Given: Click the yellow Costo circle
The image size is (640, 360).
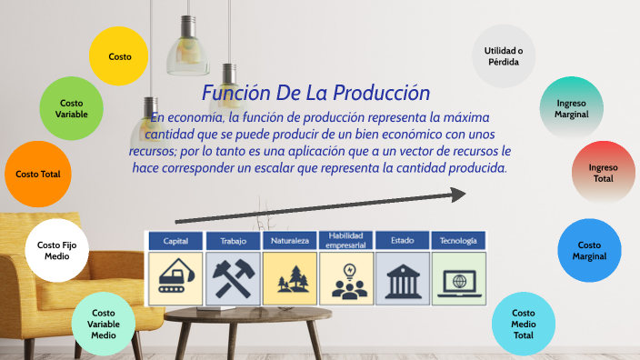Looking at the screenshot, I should (x=119, y=56).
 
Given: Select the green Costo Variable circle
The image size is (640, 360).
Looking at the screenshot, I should (x=71, y=108).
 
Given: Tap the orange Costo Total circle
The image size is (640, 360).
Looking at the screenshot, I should (x=37, y=174).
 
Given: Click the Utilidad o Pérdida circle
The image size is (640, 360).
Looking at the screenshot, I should (x=503, y=55).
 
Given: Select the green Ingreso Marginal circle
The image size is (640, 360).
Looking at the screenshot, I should (x=572, y=108).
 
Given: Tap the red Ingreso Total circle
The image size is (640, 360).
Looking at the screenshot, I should (x=603, y=173).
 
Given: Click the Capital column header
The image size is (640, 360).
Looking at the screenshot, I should (x=175, y=241).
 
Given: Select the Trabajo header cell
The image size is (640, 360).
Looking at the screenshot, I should (x=232, y=241).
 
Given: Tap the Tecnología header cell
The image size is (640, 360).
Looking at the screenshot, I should (x=458, y=241).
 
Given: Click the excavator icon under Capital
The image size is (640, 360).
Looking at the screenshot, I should (x=175, y=279).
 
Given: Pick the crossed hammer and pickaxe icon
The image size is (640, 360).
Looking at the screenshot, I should (x=232, y=279).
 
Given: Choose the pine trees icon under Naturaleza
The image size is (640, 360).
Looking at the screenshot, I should (x=289, y=279).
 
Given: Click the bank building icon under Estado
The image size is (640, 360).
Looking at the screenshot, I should (x=402, y=279).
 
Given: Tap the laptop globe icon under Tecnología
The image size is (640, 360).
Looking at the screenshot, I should (x=458, y=279).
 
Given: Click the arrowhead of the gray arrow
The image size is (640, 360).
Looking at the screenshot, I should (x=458, y=194).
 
